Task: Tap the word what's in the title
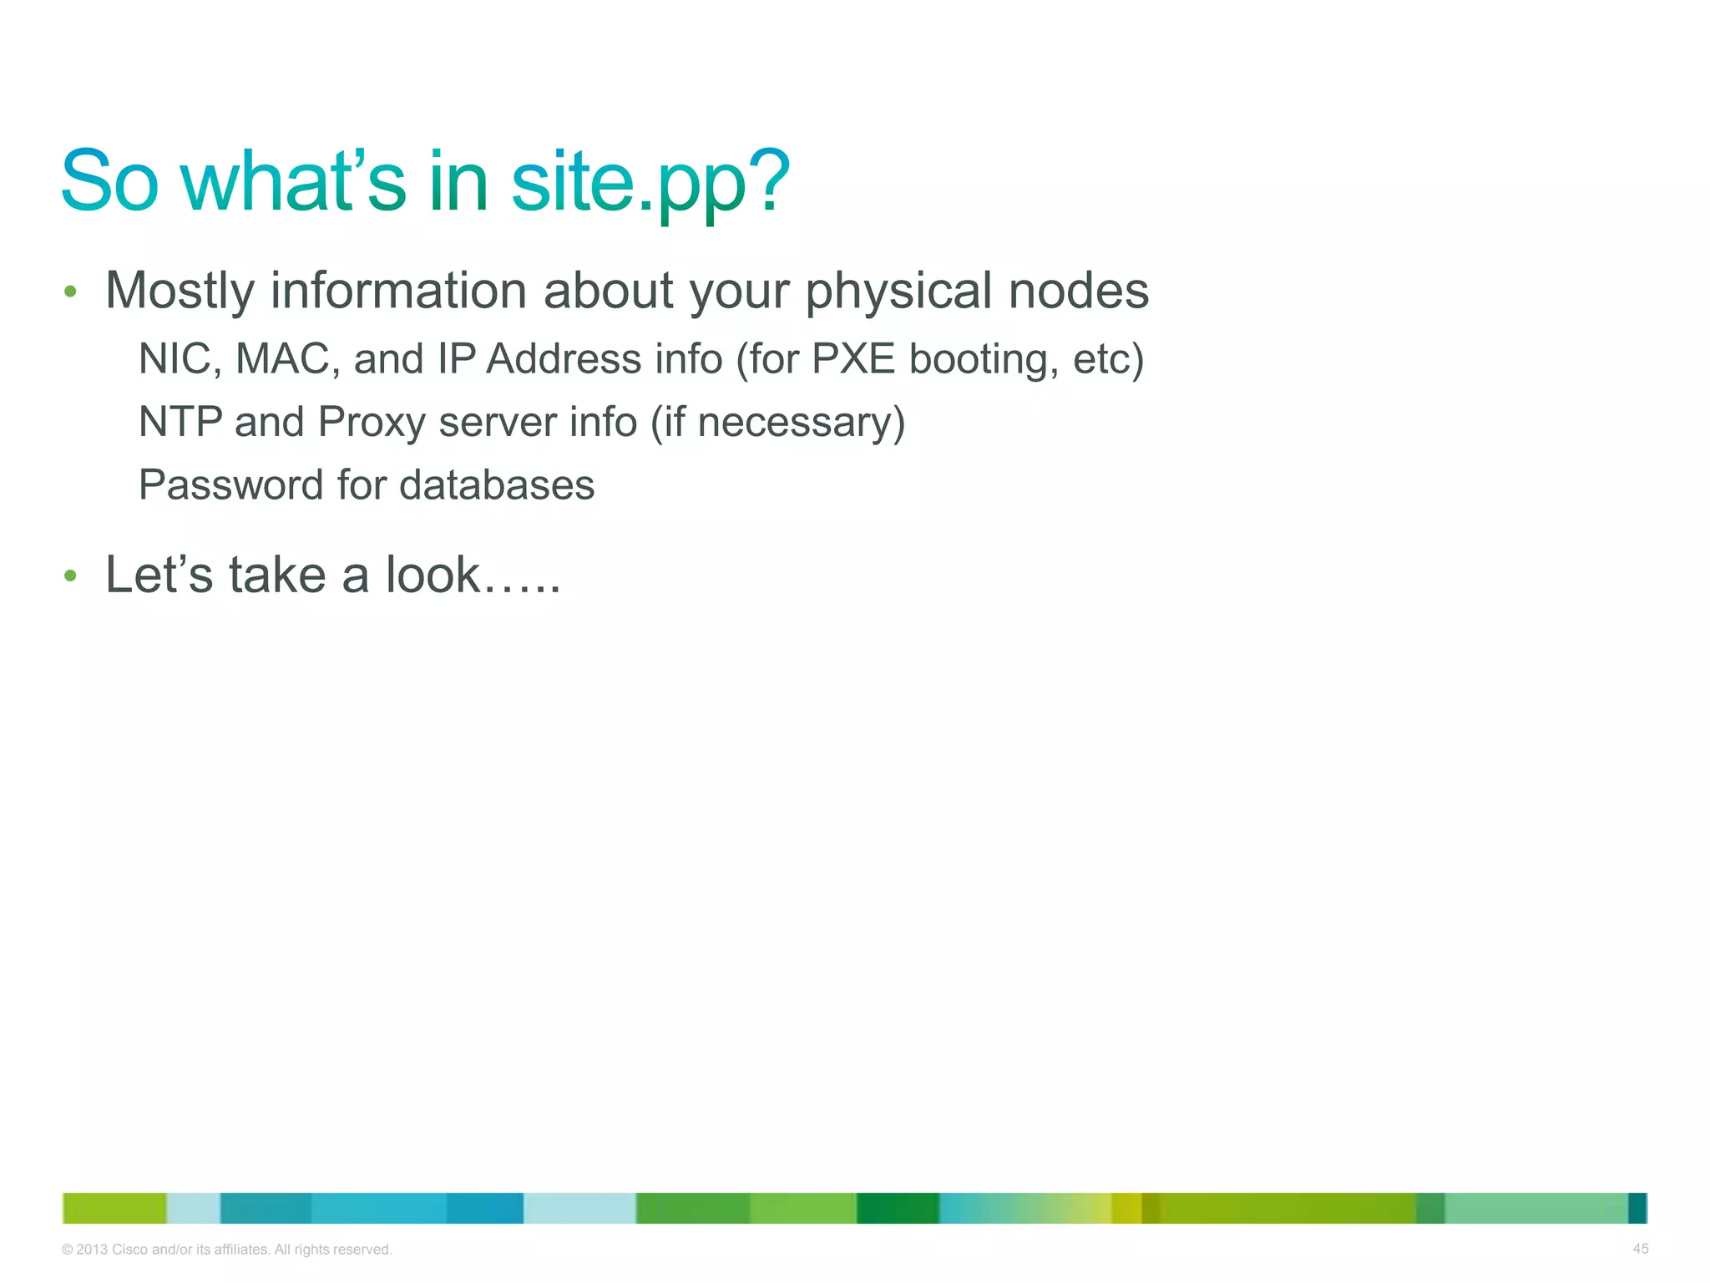(x=292, y=182)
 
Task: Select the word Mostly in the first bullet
(x=180, y=292)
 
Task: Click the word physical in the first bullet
(x=900, y=292)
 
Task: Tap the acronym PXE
(x=853, y=359)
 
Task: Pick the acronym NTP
(x=180, y=422)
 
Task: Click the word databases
(x=498, y=485)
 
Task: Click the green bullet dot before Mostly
(x=70, y=292)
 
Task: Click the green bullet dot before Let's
(x=70, y=576)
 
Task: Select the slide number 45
(x=1640, y=1249)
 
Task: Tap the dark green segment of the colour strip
(x=898, y=1208)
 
